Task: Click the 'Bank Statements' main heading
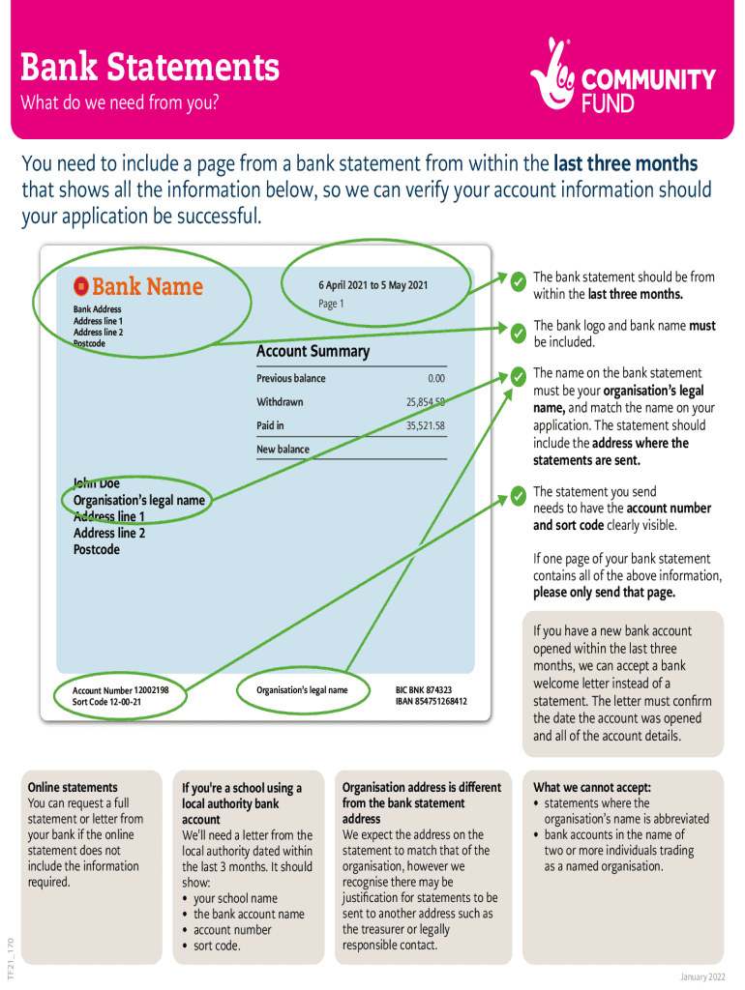point(150,68)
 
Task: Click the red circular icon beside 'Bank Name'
point(81,286)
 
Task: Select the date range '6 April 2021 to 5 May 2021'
point(372,285)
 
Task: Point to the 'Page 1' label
point(331,304)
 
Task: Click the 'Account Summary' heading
point(313,351)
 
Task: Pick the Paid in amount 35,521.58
point(426,425)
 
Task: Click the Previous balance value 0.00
point(436,378)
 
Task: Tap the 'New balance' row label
point(283,450)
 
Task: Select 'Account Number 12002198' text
point(121,690)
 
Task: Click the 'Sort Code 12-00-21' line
point(106,702)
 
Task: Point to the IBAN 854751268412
point(431,701)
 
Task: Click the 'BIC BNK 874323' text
point(424,690)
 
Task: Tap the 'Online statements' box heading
point(73,787)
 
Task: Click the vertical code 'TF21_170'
point(11,956)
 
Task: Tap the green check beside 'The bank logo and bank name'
point(519,334)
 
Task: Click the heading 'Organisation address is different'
point(422,787)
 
